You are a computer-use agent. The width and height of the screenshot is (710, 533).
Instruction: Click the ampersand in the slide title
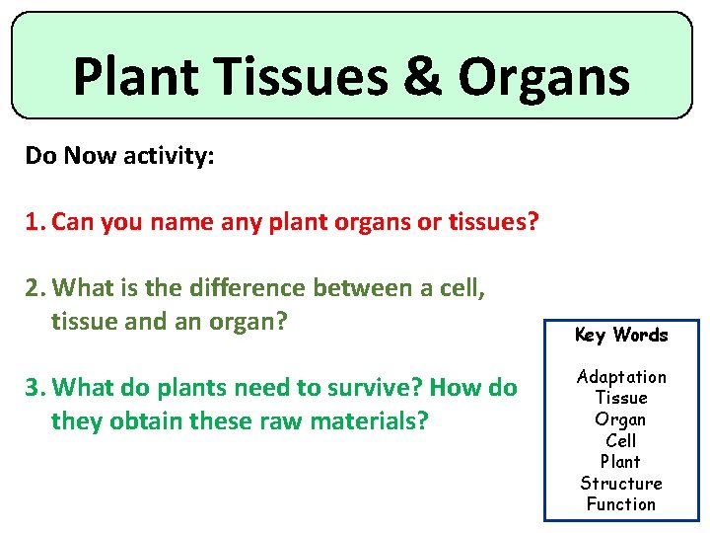422,75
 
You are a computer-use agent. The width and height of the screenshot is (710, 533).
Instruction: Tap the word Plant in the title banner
136,76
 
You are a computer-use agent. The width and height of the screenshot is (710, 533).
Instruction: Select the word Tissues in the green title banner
301,76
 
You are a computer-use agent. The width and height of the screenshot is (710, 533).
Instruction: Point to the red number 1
35,222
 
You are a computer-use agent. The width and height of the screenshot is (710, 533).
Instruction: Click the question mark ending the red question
532,221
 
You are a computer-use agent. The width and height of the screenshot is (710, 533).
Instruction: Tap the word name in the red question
181,222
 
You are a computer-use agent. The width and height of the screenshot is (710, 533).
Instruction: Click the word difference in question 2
248,287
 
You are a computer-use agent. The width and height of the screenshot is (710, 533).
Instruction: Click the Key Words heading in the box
621,336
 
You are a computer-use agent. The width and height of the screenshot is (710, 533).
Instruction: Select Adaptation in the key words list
621,377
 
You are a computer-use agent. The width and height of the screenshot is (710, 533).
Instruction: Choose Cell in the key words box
621,440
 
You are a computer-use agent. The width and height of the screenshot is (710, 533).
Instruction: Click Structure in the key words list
621,483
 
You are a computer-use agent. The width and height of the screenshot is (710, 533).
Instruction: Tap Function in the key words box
621,504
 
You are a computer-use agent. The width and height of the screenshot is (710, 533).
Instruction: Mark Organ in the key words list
620,419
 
